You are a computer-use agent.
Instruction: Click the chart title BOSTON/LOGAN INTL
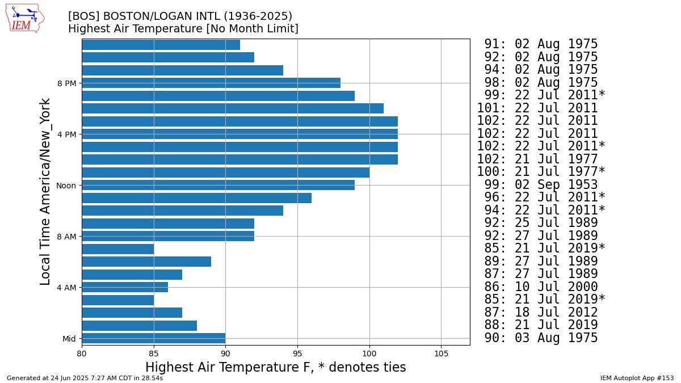[x=180, y=16]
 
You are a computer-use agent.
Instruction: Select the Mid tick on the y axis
[x=69, y=339]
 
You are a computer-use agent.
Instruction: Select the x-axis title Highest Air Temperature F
[x=276, y=368]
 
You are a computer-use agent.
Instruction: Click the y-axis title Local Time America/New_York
[x=46, y=192]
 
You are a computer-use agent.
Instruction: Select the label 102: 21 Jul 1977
[x=537, y=159]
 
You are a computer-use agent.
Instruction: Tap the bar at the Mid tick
[x=153, y=338]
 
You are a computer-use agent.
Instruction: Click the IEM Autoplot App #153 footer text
[x=637, y=377]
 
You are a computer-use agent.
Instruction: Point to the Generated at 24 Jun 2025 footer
[x=85, y=377]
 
